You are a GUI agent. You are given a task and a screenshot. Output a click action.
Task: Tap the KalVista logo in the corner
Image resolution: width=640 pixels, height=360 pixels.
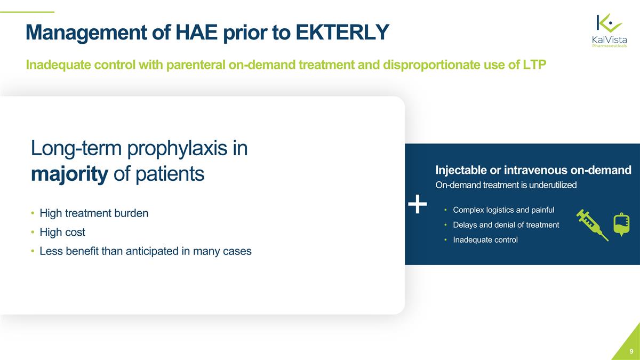tap(609, 30)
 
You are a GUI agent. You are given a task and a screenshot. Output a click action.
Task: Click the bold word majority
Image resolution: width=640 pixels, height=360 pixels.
tap(69, 174)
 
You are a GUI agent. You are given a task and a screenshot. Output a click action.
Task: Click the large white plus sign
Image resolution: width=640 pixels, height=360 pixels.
tap(418, 203)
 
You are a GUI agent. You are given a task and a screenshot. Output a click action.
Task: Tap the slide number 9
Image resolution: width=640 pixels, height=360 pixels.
tap(631, 351)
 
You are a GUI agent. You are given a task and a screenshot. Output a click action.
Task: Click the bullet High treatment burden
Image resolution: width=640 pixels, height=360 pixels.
tap(94, 213)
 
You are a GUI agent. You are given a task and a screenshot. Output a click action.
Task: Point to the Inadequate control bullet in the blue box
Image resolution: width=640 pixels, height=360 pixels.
tap(485, 240)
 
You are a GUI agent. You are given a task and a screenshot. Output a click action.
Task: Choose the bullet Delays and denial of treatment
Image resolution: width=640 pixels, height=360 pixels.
tap(506, 225)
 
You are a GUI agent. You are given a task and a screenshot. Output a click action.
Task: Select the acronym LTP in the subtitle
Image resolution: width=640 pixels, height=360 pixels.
tap(532, 65)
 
